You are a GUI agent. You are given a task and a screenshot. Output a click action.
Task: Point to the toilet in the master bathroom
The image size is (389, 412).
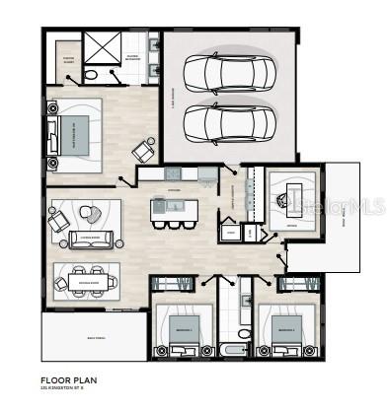tap(90, 75)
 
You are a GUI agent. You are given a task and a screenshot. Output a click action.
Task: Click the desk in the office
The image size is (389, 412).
tap(293, 201)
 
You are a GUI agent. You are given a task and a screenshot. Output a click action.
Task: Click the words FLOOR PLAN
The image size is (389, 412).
tap(67, 378)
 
